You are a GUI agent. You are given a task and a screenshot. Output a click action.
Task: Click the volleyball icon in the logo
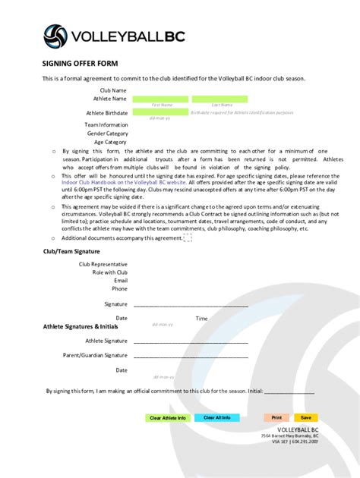(54, 35)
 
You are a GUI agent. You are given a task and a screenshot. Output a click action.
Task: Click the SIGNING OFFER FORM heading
(81, 64)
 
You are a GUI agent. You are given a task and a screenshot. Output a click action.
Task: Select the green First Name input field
(160, 99)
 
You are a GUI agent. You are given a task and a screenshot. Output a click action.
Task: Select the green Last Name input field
(219, 99)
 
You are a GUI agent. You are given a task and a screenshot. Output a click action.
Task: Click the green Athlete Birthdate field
(160, 112)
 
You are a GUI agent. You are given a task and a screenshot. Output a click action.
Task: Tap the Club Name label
(113, 90)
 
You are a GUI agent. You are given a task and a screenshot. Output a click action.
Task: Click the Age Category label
(110, 142)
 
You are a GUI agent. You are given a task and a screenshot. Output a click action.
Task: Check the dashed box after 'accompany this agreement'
(188, 237)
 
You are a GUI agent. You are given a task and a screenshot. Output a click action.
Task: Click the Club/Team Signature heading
(71, 250)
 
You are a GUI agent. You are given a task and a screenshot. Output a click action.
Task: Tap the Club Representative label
(103, 264)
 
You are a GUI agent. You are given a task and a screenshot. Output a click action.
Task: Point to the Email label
(120, 280)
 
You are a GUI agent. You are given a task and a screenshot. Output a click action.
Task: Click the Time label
(201, 319)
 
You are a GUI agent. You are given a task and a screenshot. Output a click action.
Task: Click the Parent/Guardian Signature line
(190, 355)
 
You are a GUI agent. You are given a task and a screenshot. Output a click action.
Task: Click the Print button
(276, 417)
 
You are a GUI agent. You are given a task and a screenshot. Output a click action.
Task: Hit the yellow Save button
(306, 417)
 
